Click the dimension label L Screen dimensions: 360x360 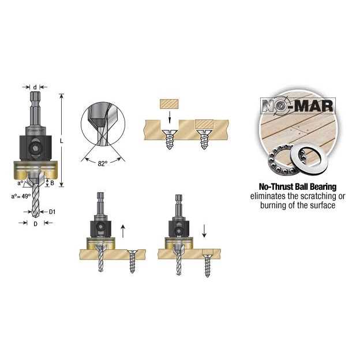pyautogui.click(x=61, y=141)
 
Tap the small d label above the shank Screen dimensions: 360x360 pyautogui.click(x=35, y=87)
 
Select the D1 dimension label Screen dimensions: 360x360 pyautogui.click(x=52, y=212)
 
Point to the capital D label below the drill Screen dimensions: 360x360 pyautogui.click(x=35, y=224)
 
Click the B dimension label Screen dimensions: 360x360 pyautogui.click(x=52, y=183)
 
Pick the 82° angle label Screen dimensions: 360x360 pyautogui.click(x=103, y=163)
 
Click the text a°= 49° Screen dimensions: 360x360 pyautogui.click(x=21, y=196)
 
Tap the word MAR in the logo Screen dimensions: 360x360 pyautogui.click(x=314, y=106)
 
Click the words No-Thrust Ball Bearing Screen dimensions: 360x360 pyautogui.click(x=298, y=187)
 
